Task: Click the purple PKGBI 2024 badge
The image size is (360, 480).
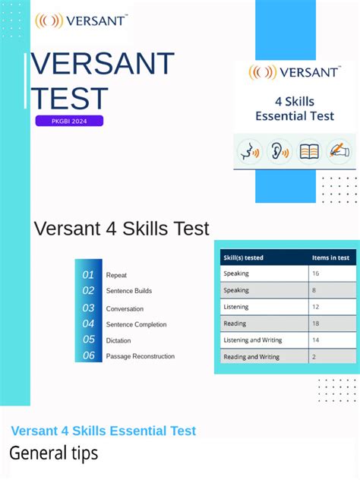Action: point(68,121)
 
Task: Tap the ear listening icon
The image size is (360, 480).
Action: point(279,151)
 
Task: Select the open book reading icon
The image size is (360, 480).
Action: point(309,151)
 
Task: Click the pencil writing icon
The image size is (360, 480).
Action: point(339,151)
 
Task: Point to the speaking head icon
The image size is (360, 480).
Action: point(249,151)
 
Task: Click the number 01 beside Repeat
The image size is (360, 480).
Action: point(89,275)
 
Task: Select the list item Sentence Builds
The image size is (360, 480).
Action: point(129,291)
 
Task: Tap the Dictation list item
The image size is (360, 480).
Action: point(118,341)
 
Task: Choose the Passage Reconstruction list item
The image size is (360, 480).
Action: point(141,356)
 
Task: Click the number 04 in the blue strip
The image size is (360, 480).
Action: point(89,324)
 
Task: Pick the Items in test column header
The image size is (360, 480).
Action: point(331,257)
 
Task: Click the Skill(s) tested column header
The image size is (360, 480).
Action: point(244,257)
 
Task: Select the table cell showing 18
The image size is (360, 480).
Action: point(315,324)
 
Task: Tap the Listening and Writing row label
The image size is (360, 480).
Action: point(251,340)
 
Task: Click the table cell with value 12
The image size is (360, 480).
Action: point(315,307)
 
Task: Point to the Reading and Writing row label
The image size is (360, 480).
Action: point(251,357)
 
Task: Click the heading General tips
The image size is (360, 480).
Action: point(54,454)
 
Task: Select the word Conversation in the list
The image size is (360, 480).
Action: point(125,309)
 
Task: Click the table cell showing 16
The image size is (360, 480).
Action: point(315,273)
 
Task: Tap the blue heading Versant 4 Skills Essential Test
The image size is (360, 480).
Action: point(103,431)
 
